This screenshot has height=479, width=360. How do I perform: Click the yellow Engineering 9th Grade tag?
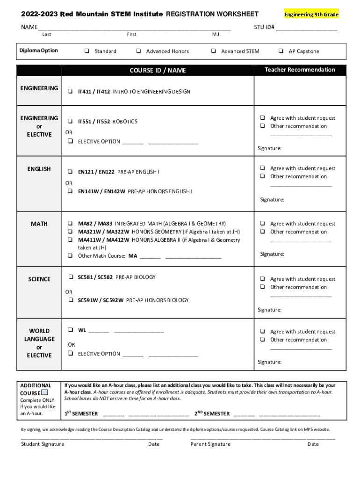[x=311, y=15]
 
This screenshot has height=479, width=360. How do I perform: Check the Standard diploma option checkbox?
[x=87, y=51]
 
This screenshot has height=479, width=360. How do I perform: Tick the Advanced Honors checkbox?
[x=139, y=51]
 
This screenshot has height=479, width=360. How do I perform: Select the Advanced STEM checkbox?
[x=213, y=51]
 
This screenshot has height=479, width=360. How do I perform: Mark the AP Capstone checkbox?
[x=281, y=51]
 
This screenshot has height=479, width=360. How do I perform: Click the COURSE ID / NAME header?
[x=158, y=70]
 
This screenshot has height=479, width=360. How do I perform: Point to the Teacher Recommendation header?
[x=300, y=70]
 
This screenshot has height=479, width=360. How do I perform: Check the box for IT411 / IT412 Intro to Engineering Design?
[x=70, y=92]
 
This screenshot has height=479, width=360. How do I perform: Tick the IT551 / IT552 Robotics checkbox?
[x=70, y=121]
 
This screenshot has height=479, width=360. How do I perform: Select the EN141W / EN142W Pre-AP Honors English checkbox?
[x=70, y=191]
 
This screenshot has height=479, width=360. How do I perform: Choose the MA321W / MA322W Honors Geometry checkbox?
[x=70, y=232]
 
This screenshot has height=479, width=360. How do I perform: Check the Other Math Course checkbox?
[x=70, y=256]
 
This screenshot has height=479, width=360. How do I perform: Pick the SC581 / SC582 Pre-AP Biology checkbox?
[x=70, y=277]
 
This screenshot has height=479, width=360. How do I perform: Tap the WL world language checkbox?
[x=70, y=330]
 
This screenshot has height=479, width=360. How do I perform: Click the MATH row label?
[x=39, y=224]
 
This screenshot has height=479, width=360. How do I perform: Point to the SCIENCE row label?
[x=39, y=279]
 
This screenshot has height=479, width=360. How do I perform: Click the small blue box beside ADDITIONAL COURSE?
[x=45, y=392]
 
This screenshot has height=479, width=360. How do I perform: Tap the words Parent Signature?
[x=210, y=444]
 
